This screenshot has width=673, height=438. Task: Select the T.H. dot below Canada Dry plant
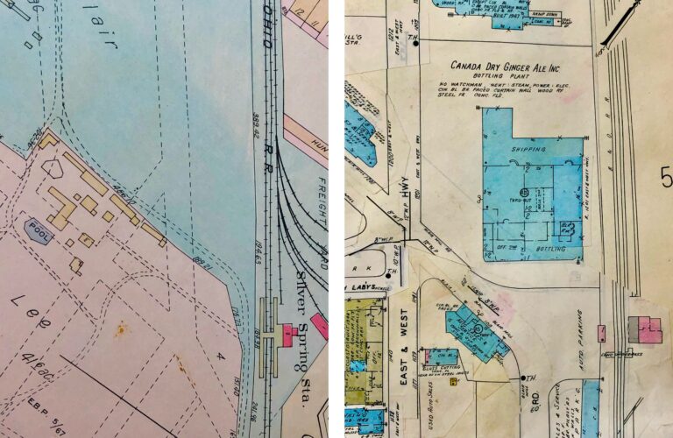pyautogui.click(x=524, y=378)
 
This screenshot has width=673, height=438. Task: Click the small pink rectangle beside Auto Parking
pyautogui.click(x=601, y=333)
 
